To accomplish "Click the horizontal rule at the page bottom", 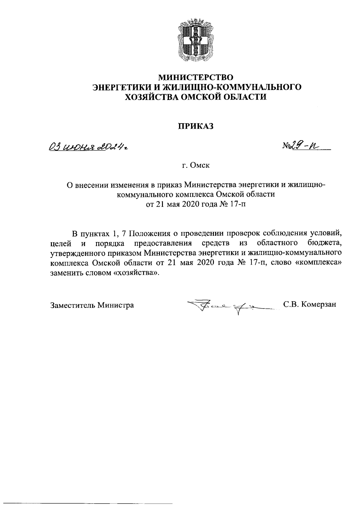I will pyautogui.click(x=90, y=503).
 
